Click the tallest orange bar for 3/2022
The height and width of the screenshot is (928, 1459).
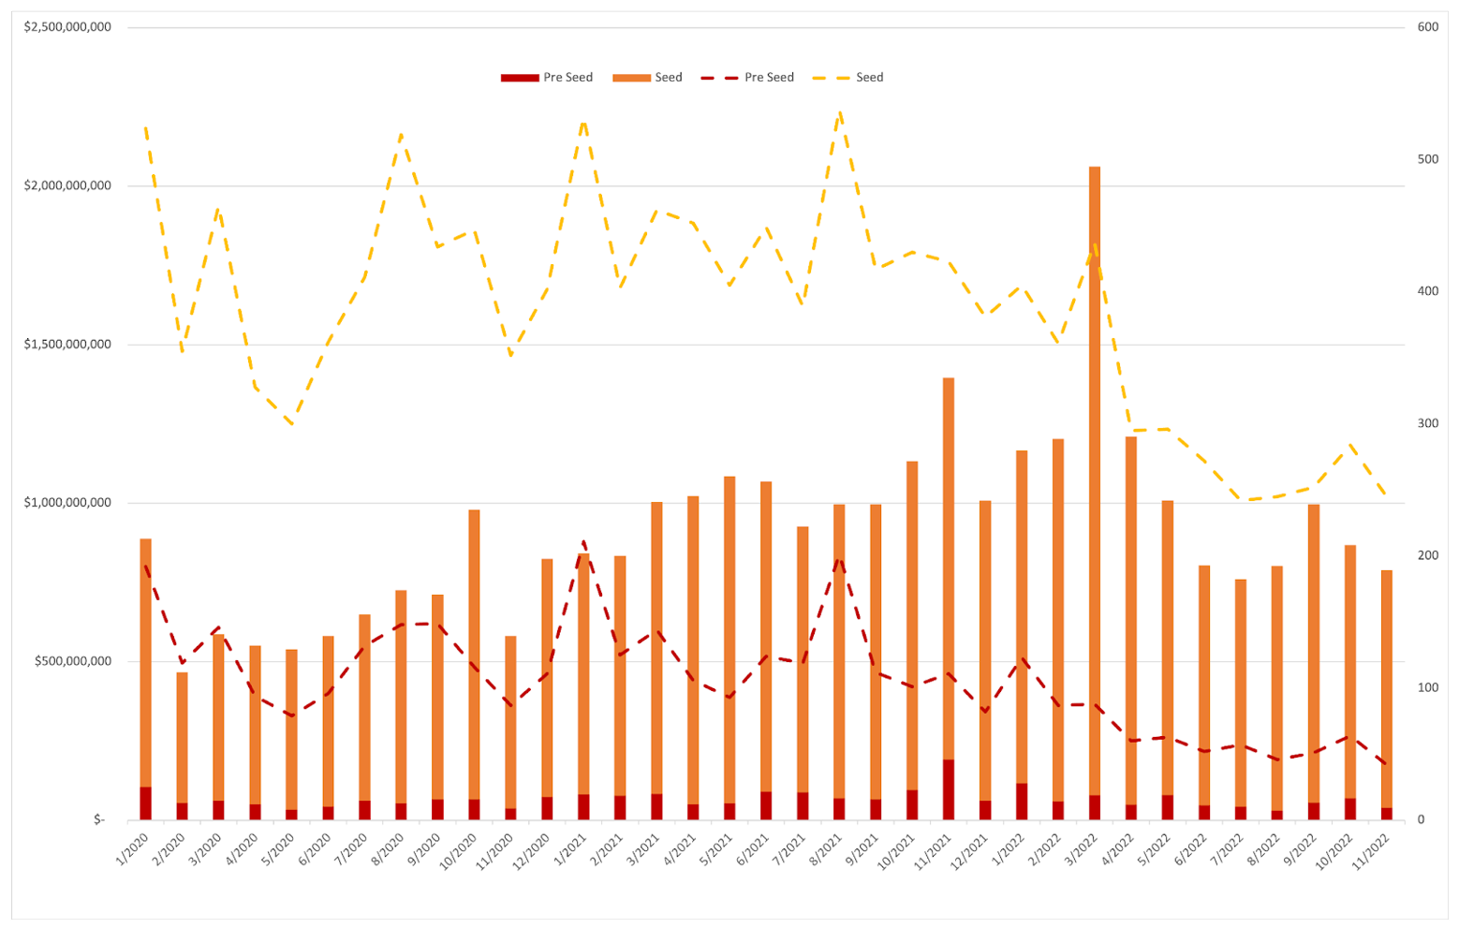[x=1094, y=468]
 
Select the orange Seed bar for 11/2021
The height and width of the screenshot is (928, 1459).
[x=948, y=562]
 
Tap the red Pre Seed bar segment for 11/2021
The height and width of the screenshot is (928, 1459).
[x=948, y=789]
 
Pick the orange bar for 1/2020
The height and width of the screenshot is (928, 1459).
[x=145, y=655]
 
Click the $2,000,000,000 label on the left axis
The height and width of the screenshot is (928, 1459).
[x=67, y=185]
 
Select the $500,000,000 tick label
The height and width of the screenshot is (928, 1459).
[x=73, y=661]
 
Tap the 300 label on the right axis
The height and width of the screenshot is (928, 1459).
[x=1428, y=423]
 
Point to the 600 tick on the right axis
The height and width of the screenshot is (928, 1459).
[x=1428, y=27]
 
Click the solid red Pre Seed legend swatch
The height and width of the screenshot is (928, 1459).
[x=520, y=78]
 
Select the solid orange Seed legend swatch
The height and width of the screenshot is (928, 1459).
[x=631, y=78]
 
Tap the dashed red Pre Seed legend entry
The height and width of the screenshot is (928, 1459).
[x=750, y=78]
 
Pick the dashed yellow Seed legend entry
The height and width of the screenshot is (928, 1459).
[x=848, y=78]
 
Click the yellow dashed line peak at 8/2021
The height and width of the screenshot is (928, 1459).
[x=839, y=111]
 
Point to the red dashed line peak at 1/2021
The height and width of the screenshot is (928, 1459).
[x=583, y=541]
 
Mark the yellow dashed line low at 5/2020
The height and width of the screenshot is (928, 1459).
[x=291, y=424]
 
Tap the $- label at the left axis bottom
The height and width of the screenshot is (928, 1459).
[x=99, y=819]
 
